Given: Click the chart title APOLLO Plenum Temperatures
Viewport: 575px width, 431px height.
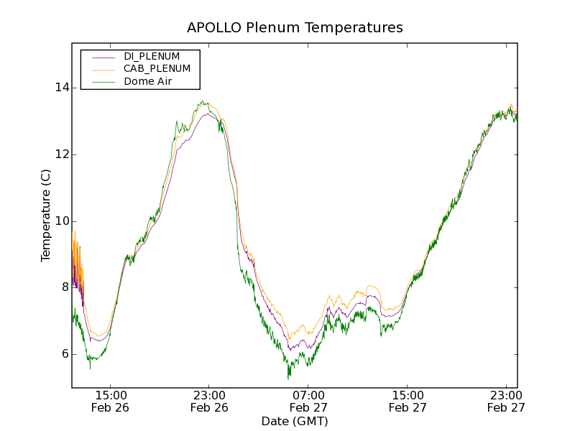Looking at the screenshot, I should pyautogui.click(x=295, y=28).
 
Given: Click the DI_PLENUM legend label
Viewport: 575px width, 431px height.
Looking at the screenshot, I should pyautogui.click(x=152, y=56).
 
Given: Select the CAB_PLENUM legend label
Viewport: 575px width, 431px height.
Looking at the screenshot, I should pyautogui.click(x=157, y=69).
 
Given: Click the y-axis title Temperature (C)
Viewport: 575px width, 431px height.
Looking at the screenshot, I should pyautogui.click(x=46, y=215).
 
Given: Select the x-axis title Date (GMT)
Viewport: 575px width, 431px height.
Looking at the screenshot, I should pyautogui.click(x=295, y=421).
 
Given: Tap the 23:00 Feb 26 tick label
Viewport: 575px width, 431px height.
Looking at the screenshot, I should pyautogui.click(x=209, y=401).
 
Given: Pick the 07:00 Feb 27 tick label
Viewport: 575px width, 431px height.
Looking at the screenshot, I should pyautogui.click(x=308, y=401).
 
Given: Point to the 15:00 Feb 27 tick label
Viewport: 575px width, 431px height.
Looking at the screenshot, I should pyautogui.click(x=407, y=401).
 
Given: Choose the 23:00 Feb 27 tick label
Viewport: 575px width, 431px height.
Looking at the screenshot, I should pyautogui.click(x=505, y=401).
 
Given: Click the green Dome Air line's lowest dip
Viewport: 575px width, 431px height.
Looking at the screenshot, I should pyautogui.click(x=289, y=377).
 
